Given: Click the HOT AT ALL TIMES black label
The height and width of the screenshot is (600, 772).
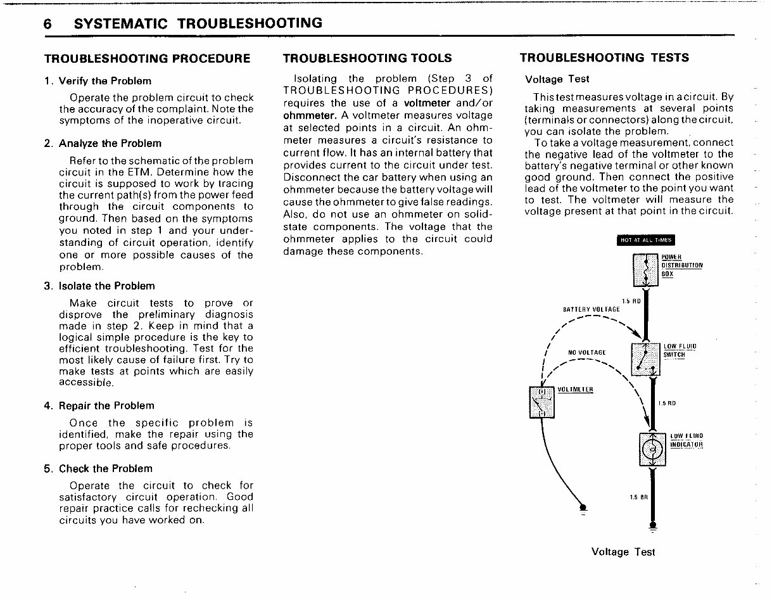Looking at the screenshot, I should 645,239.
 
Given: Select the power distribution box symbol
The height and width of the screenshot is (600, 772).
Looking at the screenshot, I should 645,269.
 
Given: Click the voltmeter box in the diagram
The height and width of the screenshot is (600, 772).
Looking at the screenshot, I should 541,402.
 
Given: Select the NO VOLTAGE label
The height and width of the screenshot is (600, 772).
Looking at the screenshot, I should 586,352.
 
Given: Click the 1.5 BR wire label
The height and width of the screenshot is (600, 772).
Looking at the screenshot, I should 639,496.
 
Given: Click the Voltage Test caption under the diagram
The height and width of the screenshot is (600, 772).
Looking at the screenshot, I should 623,552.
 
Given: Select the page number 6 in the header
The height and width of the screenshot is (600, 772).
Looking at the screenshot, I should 47,24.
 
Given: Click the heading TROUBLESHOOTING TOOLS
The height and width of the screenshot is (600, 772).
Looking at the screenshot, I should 367,58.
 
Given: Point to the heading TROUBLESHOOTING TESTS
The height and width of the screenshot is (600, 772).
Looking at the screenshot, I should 604,58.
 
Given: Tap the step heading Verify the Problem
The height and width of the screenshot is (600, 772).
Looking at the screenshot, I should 104,81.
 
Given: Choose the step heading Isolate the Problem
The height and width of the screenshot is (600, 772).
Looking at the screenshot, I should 106,286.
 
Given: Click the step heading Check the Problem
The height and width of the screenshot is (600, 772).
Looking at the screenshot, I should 105,469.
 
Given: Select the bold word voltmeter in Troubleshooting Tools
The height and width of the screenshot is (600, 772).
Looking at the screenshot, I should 427,103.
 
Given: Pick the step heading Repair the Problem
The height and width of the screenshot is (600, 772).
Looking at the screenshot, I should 106,405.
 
